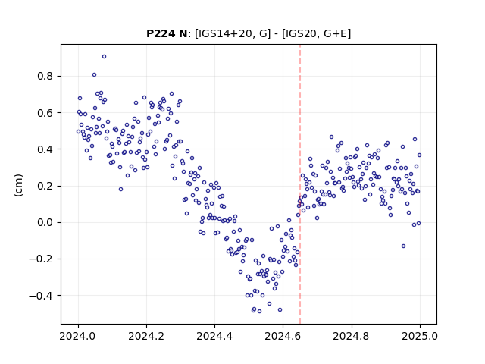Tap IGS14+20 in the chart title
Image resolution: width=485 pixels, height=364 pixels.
pos(224,33)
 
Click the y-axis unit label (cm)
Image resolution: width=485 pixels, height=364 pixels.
pos(18,185)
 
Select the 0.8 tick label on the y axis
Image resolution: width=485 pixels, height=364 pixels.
pos(45,76)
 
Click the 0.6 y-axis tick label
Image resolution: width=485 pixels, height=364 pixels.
pos(45,113)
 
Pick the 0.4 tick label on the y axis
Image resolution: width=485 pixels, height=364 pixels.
pos(45,149)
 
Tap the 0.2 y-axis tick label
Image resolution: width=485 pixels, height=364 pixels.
pos(45,186)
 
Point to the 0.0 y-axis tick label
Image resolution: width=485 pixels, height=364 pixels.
pos(45,222)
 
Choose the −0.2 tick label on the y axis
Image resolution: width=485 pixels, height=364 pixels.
pos(41,259)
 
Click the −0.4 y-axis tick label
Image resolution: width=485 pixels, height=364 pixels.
pos(41,296)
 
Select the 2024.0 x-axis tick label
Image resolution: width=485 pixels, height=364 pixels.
pos(78,336)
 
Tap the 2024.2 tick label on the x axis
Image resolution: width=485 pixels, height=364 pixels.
pos(146,336)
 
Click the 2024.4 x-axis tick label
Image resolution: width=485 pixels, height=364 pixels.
pos(214,336)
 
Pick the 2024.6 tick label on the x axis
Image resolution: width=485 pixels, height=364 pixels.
pos(283,336)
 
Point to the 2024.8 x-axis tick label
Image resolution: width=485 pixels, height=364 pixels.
pos(352,336)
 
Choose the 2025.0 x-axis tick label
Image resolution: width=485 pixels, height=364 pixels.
pos(420,336)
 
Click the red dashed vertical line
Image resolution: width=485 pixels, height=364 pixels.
pos(300,184)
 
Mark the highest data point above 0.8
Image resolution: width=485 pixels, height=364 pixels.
pos(105,57)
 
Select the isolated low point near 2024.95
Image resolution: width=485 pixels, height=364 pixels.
pos(403,246)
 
